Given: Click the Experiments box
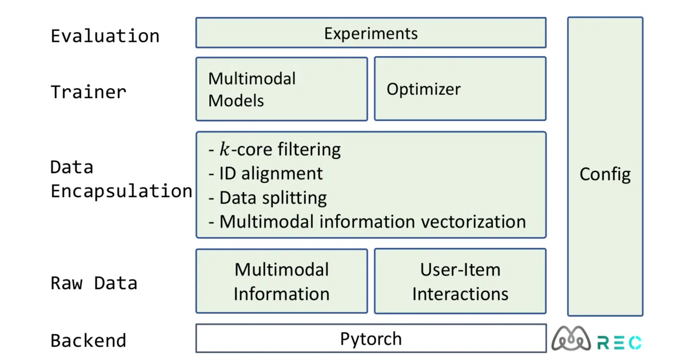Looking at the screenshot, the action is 371,33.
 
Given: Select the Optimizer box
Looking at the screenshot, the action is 460,89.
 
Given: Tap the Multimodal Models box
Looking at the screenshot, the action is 282,89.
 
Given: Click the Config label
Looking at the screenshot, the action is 605,174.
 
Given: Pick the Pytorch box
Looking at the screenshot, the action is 371,338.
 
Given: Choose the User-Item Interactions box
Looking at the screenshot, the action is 460,281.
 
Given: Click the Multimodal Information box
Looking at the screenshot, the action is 282,281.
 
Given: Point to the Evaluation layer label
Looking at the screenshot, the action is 105,36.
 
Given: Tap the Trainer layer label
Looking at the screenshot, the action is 89,92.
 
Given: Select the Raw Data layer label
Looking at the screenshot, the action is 94,283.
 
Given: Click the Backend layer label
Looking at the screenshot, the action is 89,341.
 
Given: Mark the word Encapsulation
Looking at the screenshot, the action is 121,191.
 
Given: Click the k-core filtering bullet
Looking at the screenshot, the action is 274,149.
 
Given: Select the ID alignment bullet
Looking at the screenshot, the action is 265,174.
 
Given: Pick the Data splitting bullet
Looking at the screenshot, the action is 268,198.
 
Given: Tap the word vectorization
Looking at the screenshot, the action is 473,222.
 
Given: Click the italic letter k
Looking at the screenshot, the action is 225,149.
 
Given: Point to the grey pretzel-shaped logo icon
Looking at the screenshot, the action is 571,338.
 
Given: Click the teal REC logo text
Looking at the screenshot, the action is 619,342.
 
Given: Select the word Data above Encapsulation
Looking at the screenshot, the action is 72,167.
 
